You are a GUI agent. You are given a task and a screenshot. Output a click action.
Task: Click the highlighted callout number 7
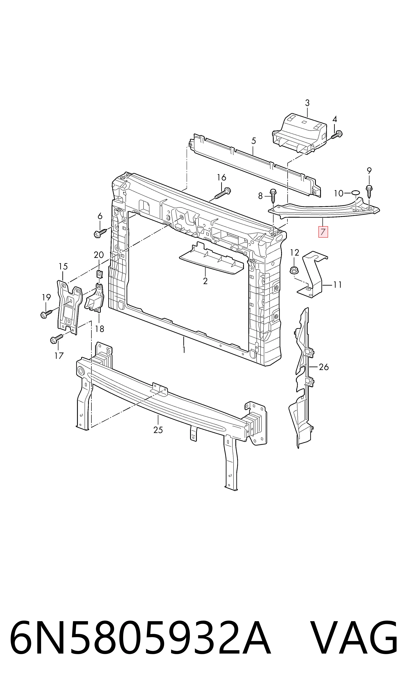[323, 232]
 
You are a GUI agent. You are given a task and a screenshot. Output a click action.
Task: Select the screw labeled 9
[369, 192]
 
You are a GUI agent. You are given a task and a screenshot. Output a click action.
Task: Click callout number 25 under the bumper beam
[158, 430]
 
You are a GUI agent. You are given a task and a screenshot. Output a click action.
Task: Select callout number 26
[324, 367]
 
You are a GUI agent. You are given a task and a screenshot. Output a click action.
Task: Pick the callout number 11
[337, 285]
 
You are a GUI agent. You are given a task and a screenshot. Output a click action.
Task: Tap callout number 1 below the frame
[184, 350]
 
